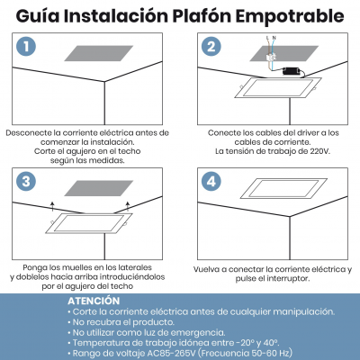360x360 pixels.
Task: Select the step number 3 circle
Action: point(30,183)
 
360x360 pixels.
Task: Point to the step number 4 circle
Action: point(211,183)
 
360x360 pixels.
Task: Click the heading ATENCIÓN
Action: point(93,300)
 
